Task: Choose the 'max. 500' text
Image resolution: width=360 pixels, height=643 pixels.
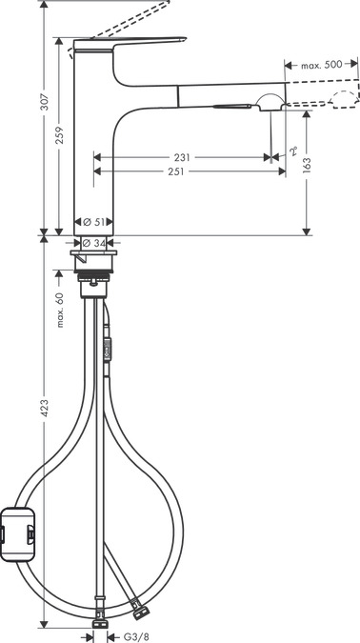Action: (x=321, y=65)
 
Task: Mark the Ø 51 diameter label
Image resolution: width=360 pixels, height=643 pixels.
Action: (x=93, y=220)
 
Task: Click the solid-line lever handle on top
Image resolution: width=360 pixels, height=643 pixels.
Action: (x=133, y=44)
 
